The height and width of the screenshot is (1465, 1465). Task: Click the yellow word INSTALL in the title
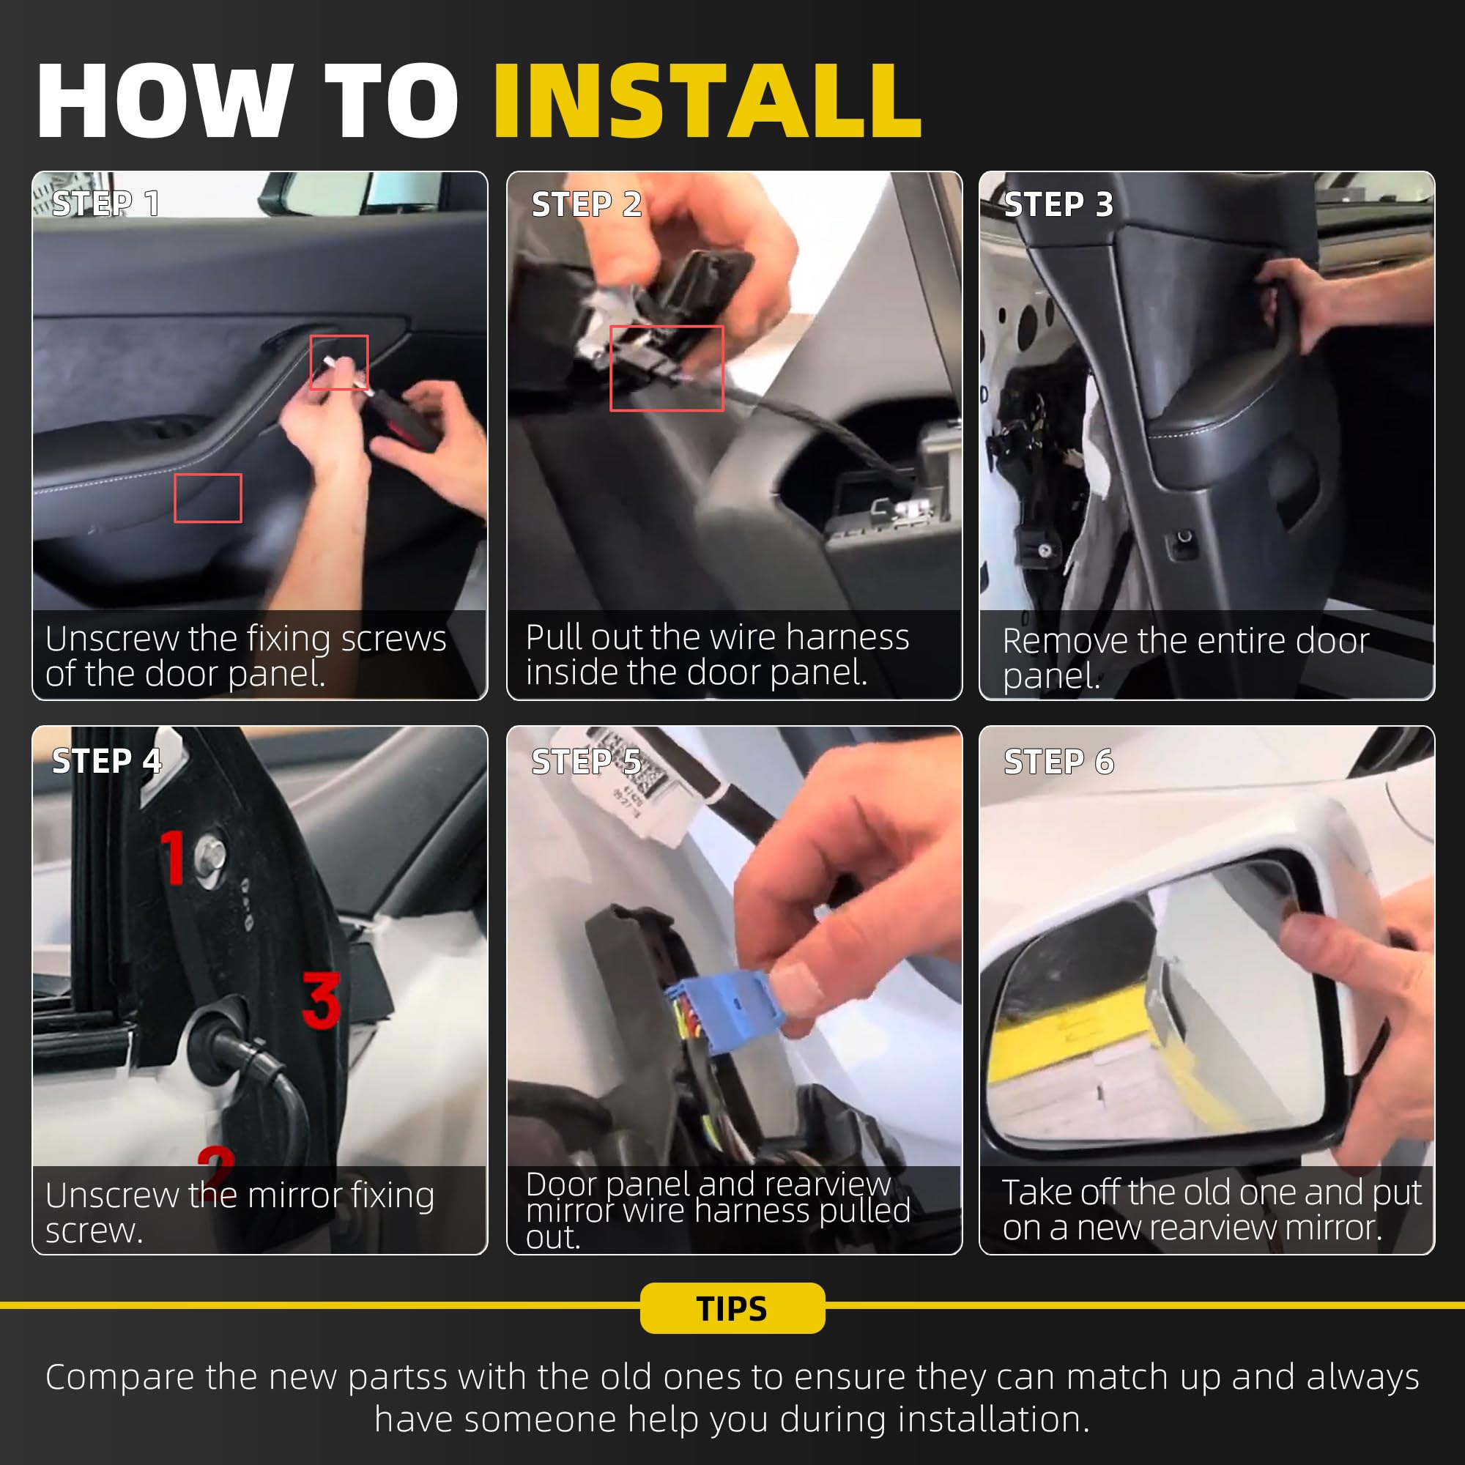(x=708, y=101)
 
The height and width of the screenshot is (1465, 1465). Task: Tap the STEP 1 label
(x=106, y=204)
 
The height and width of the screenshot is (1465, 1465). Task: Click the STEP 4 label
(x=107, y=761)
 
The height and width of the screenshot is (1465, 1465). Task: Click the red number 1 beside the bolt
(x=174, y=857)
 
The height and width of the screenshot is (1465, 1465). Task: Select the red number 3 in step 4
(x=322, y=1000)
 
